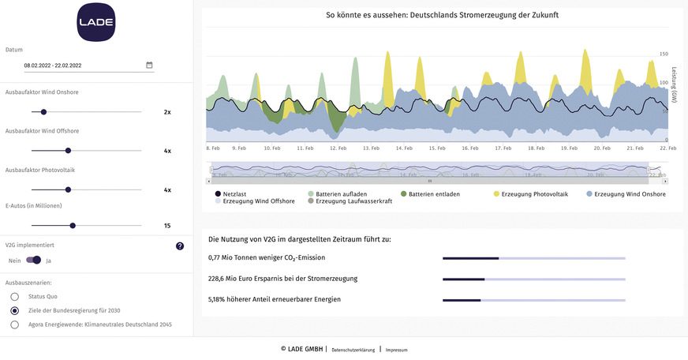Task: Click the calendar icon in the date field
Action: [149, 65]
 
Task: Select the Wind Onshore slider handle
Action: [43, 112]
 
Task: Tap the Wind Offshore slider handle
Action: [68, 150]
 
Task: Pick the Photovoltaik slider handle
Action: [68, 189]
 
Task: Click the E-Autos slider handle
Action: [73, 226]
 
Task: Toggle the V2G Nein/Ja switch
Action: [34, 260]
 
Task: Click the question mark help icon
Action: [180, 246]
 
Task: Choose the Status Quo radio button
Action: [15, 296]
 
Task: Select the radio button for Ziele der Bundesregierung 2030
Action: [15, 310]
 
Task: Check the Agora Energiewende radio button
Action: [15, 324]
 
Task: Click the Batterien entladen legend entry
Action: [428, 193]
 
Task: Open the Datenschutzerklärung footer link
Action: [353, 349]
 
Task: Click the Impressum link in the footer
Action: [396, 349]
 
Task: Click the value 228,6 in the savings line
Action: [219, 279]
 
